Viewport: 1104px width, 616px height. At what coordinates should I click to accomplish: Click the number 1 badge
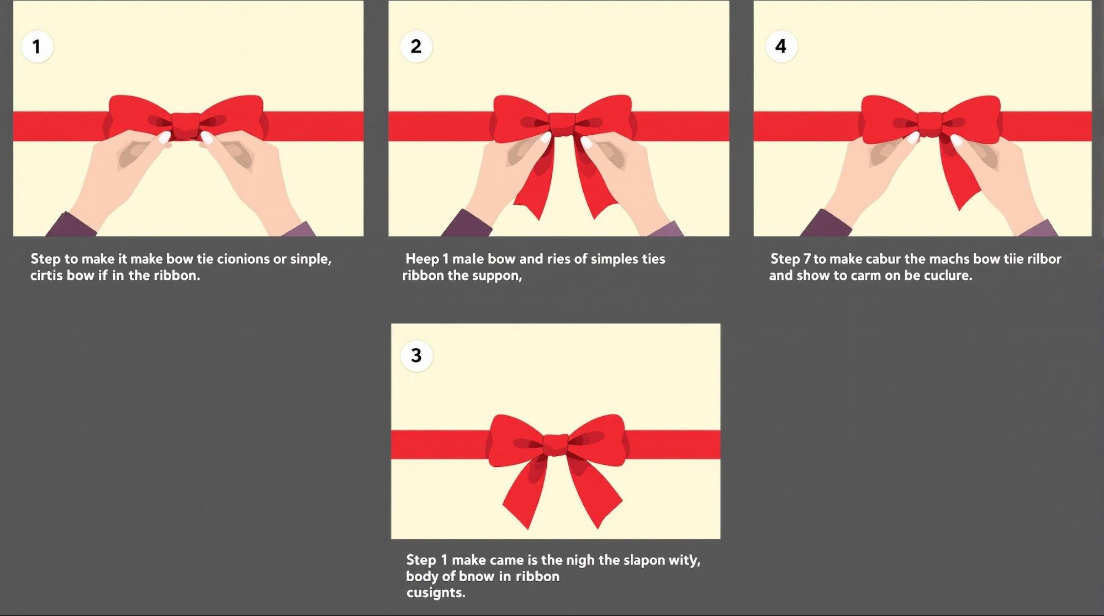(x=37, y=46)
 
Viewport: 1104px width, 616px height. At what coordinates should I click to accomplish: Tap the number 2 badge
(x=416, y=46)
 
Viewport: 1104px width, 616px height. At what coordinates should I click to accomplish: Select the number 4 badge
(x=781, y=46)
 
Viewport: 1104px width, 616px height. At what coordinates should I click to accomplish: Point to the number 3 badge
(x=416, y=355)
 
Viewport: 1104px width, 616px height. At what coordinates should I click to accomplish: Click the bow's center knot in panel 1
(x=186, y=125)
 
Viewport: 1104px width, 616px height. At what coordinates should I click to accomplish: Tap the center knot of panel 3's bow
(x=556, y=445)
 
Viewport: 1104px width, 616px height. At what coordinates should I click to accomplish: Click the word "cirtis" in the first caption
(x=46, y=275)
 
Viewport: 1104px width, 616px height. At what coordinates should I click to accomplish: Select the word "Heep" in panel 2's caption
(x=422, y=259)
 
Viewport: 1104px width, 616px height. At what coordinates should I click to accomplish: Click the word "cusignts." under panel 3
(x=436, y=593)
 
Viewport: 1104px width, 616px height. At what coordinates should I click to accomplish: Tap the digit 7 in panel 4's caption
(x=807, y=259)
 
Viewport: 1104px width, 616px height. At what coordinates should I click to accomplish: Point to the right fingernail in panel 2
(x=587, y=144)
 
